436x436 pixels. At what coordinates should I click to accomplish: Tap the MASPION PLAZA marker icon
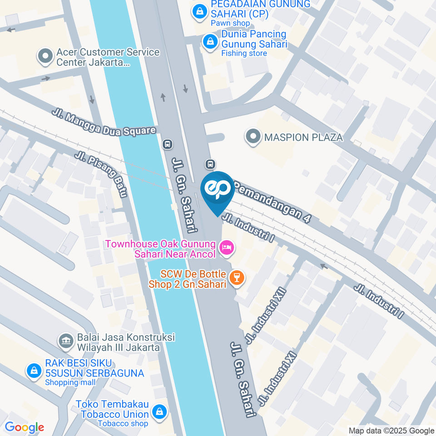252,136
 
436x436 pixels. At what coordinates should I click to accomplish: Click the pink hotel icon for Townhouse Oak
226,248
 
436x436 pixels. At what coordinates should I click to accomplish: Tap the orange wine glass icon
236,277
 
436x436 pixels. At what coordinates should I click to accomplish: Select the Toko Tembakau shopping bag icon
159,412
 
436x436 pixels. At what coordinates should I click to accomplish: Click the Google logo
24,427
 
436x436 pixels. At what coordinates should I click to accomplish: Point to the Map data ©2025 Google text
391,431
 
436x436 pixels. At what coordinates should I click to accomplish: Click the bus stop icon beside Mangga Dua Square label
167,144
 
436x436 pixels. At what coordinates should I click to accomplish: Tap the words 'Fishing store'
244,54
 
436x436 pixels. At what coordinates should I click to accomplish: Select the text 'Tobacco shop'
123,423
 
